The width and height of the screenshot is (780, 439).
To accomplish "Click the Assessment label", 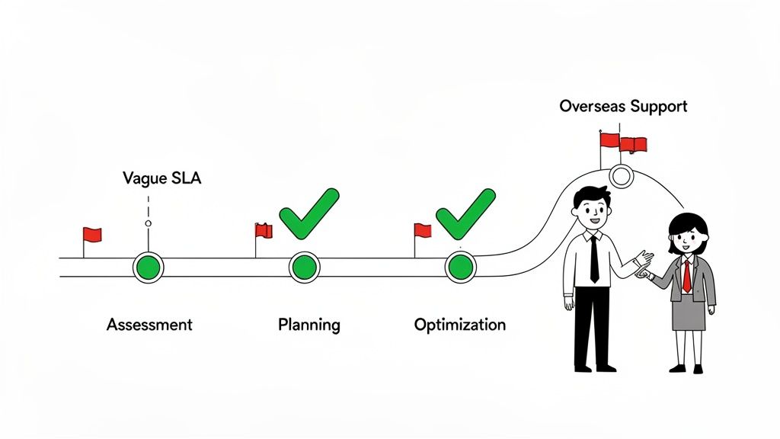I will click(149, 324).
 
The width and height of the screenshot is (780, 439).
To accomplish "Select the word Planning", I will click(308, 325).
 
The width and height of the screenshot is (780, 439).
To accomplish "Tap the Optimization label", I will click(459, 325).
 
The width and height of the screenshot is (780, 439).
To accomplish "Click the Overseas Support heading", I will click(623, 106).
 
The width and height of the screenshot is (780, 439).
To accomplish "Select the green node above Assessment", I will click(148, 268).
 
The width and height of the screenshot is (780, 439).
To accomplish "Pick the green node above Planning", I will click(304, 268).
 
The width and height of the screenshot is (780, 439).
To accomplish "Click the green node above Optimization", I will click(460, 268).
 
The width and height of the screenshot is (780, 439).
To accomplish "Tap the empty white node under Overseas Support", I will click(622, 177).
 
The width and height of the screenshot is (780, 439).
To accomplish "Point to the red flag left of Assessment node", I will click(92, 235).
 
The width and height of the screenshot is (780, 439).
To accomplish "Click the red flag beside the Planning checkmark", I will click(264, 230).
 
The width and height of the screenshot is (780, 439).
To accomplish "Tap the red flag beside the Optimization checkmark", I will click(423, 230).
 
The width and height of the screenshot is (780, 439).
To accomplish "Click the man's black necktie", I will click(594, 259).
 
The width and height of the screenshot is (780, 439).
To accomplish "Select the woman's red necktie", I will click(686, 275).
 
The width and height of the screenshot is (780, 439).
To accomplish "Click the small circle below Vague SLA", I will click(148, 224).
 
